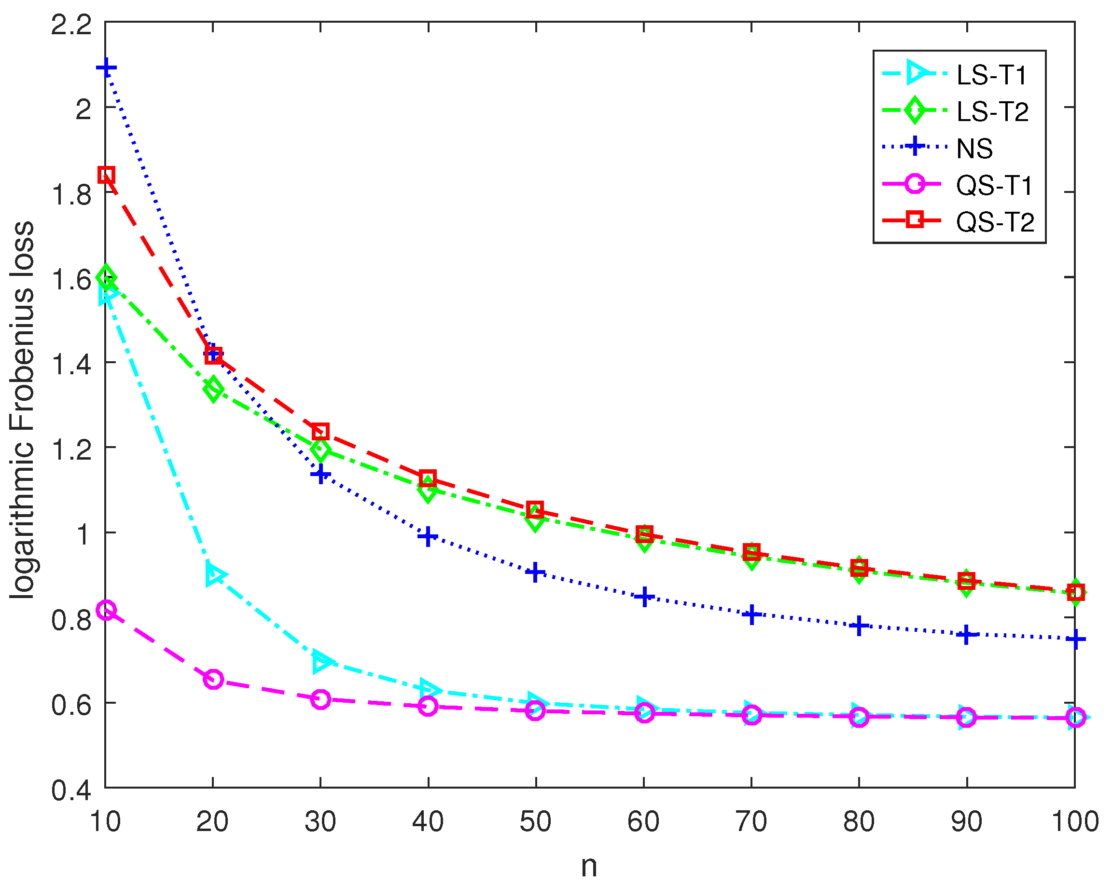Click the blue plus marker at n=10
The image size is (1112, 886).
pos(106,68)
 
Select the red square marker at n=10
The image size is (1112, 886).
pos(106,175)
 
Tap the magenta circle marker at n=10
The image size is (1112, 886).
pos(106,610)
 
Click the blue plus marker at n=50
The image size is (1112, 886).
pos(535,572)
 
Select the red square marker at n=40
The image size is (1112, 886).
pos(428,478)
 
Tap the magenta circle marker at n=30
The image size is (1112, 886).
pos(320,699)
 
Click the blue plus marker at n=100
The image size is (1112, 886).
pos(1075,639)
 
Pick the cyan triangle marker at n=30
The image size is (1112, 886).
pos(322,662)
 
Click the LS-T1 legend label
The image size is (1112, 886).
pos(991,75)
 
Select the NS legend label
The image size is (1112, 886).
pos(974,149)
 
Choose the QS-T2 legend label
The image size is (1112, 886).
pos(995,222)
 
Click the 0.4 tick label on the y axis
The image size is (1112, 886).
pos(71,790)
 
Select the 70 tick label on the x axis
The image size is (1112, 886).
pos(751,821)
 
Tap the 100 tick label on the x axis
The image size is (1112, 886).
pos(1075,821)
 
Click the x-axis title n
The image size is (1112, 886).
pos(589,866)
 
